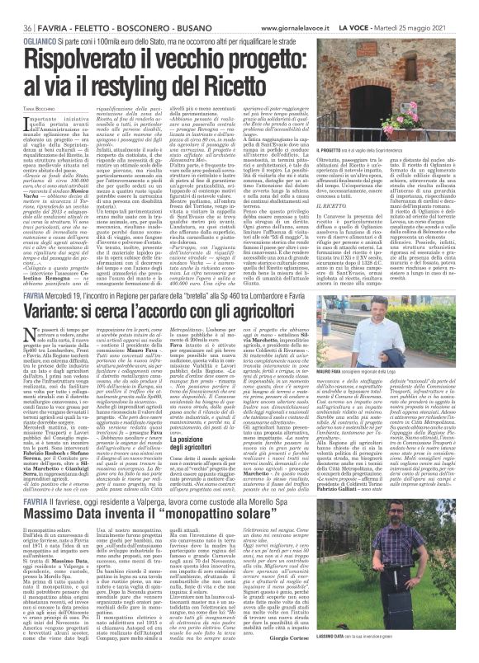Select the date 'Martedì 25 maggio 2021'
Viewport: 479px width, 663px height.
coord(433,7)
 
